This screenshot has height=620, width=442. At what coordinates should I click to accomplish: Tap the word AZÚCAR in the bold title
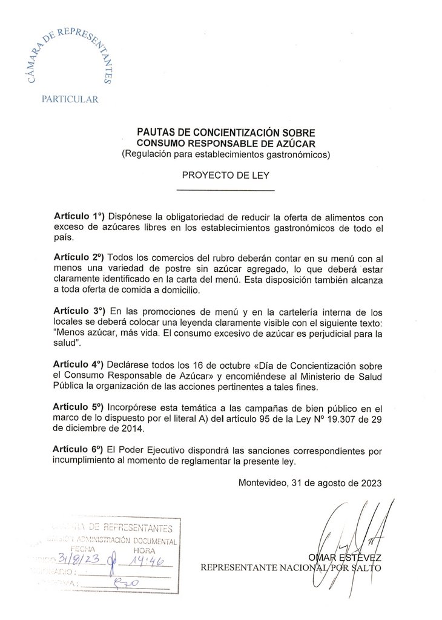click(x=300, y=143)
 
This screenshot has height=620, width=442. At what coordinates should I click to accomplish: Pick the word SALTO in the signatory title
click(x=368, y=567)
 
